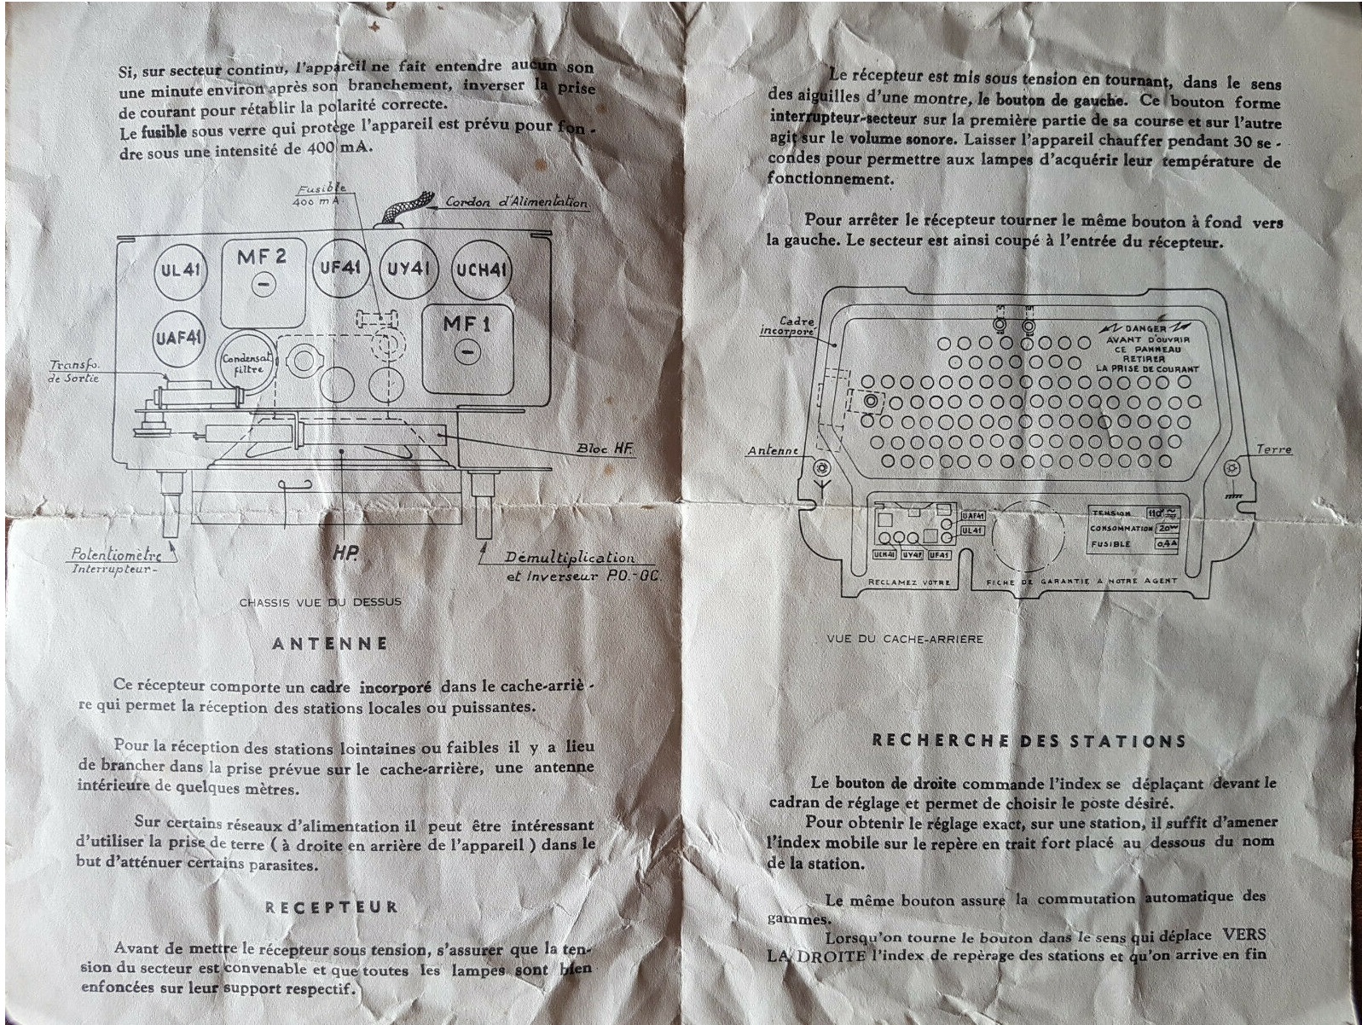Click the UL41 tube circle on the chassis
181,271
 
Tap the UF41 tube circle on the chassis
341,268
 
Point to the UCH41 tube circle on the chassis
482,270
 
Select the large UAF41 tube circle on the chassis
179,338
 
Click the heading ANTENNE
329,644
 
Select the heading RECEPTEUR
331,907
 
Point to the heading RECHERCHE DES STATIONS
1028,741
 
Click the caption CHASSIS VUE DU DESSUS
320,602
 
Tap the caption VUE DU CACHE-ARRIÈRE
905,639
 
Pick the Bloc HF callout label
605,449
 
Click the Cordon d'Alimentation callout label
517,202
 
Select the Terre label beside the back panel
1273,449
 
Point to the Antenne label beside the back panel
773,450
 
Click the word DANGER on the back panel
1145,329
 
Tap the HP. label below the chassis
345,554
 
